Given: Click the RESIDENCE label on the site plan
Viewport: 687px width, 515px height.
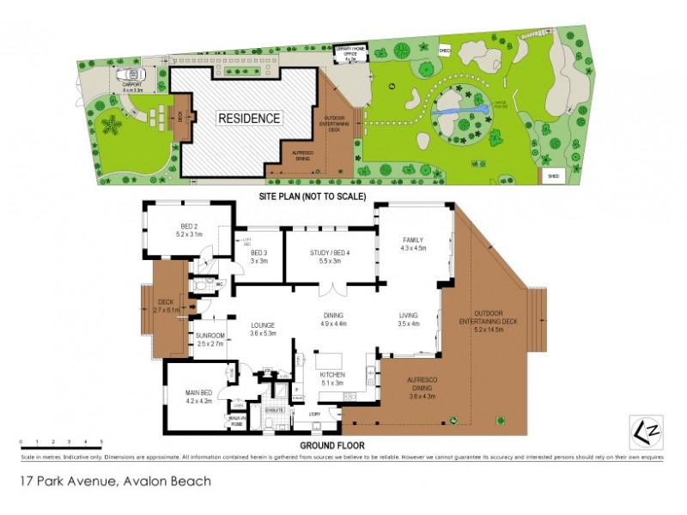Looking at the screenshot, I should pyautogui.click(x=247, y=118).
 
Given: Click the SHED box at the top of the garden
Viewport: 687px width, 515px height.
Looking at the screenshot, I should pyautogui.click(x=445, y=49).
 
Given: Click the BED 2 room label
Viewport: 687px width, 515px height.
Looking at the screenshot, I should pyautogui.click(x=188, y=228).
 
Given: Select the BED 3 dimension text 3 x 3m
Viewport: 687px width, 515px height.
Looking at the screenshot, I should pyautogui.click(x=258, y=260).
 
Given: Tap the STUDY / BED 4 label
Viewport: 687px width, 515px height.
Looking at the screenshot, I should pyautogui.click(x=330, y=252).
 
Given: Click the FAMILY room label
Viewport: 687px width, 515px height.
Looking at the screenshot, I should pyautogui.click(x=413, y=242).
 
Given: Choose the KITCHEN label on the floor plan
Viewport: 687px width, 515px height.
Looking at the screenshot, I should pyautogui.click(x=331, y=376).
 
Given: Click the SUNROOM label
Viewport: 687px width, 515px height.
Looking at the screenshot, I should pyautogui.click(x=210, y=336).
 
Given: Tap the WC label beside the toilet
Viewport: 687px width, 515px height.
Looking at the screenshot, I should pyautogui.click(x=220, y=282).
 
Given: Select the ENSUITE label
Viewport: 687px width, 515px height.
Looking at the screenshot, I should pyautogui.click(x=274, y=410).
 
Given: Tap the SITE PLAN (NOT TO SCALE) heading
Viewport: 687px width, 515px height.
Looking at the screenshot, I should pyautogui.click(x=313, y=197).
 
